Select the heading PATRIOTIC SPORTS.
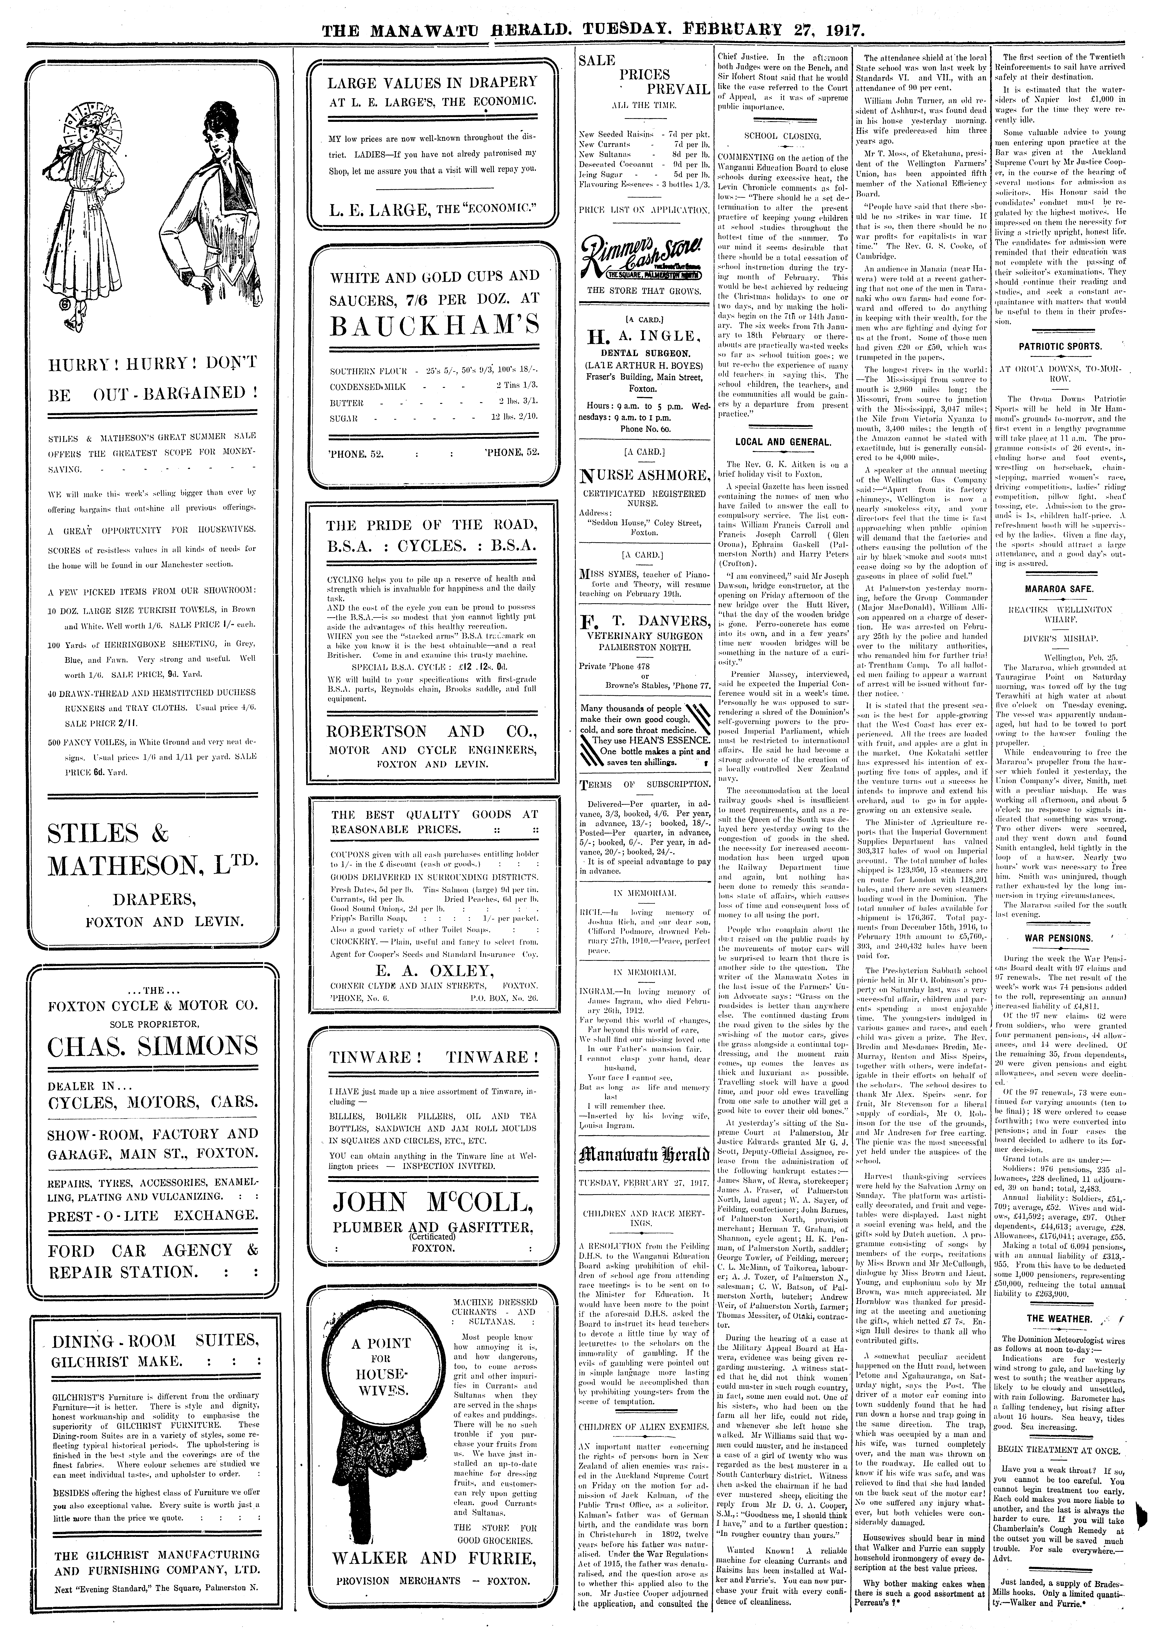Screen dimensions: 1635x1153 pyautogui.click(x=1060, y=347)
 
